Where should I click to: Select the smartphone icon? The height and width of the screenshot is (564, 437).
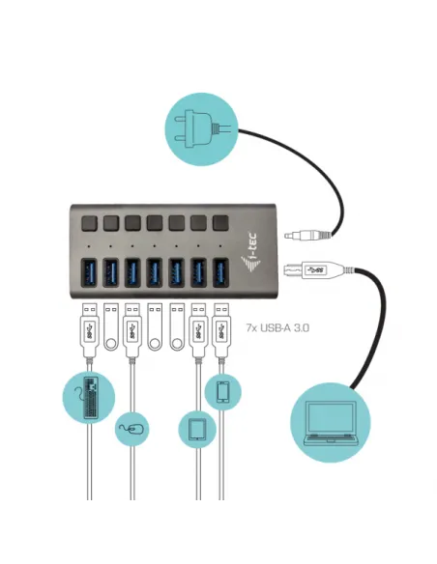coord(221,391)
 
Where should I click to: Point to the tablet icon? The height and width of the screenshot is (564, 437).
coord(198,428)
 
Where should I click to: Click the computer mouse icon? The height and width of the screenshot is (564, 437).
coord(132,428)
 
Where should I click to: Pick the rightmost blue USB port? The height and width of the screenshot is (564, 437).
coord(221,273)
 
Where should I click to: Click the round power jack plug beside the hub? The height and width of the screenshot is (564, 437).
coord(306,234)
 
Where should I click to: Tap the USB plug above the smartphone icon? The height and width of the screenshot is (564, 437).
coord(221,324)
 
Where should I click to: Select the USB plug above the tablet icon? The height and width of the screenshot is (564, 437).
coord(198,324)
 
